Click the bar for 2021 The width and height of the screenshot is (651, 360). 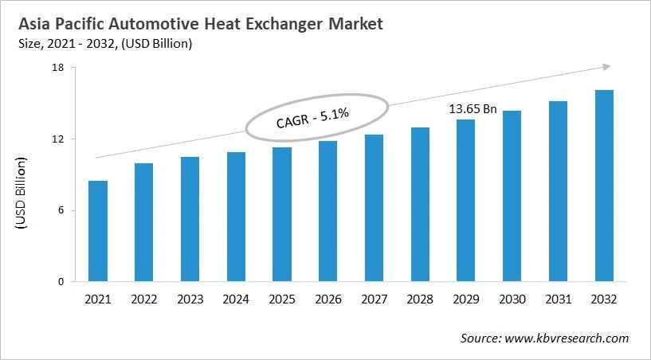(x=98, y=231)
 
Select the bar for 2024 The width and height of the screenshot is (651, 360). (x=236, y=217)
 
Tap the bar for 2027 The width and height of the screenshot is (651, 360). (x=374, y=208)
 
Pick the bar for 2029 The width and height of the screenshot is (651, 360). (x=465, y=201)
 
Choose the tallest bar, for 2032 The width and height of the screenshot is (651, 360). (x=604, y=186)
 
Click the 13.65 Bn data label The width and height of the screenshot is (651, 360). (x=473, y=109)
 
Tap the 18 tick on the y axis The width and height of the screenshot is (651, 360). (x=58, y=68)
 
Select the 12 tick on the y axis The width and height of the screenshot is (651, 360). (x=58, y=139)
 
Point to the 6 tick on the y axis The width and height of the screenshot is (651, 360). (x=61, y=210)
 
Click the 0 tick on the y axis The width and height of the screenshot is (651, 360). (x=61, y=282)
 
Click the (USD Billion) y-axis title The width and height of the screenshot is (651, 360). (x=22, y=195)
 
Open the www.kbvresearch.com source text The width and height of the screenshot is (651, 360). (x=567, y=338)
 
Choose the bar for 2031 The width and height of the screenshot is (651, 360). (x=558, y=191)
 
